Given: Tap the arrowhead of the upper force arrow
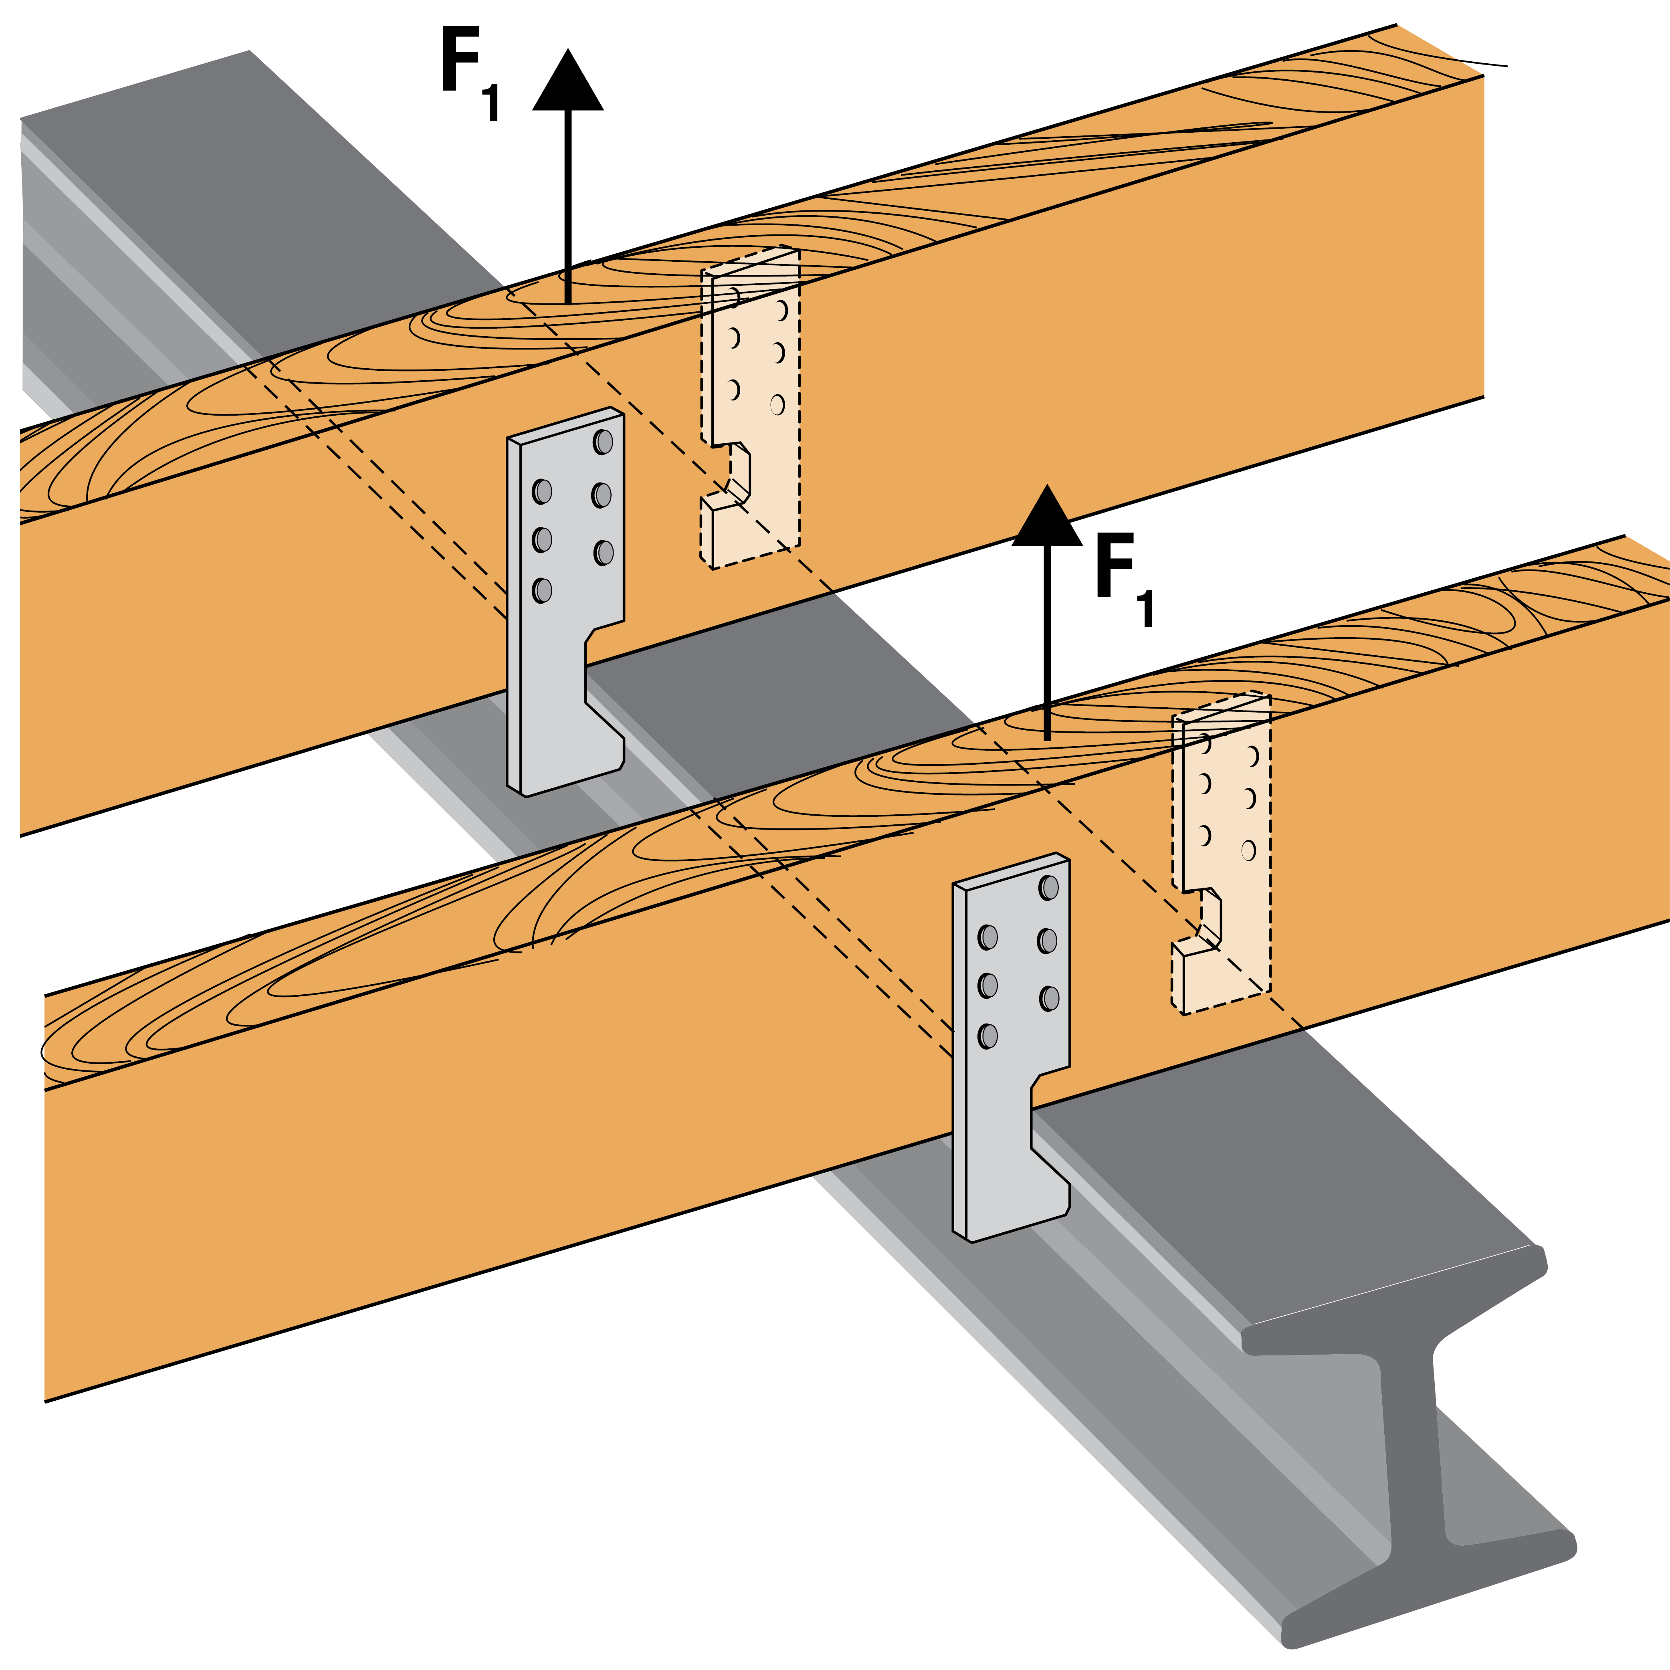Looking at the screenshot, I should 568,82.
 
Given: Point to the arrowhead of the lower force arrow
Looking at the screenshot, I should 1047,519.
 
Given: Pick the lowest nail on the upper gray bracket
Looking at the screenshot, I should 542,590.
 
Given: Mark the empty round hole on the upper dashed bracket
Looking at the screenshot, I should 777,404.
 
